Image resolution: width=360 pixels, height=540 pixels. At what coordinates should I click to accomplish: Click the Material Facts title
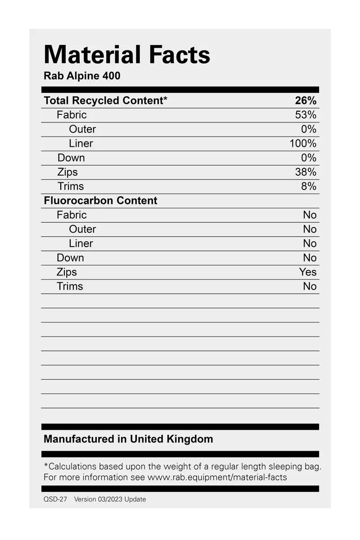click(127, 55)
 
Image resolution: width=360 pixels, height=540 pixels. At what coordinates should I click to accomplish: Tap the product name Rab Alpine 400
click(82, 76)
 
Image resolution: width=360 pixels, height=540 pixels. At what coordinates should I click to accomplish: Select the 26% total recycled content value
click(306, 100)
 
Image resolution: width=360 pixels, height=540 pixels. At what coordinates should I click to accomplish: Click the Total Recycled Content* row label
click(105, 100)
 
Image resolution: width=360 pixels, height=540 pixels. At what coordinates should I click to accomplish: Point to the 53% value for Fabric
click(306, 115)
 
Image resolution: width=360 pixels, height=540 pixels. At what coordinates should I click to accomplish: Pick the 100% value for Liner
click(303, 144)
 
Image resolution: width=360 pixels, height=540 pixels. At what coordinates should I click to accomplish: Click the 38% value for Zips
click(306, 172)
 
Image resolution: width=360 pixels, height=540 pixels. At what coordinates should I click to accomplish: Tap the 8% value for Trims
click(308, 186)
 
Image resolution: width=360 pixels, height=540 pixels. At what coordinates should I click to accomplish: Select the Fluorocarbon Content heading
click(100, 201)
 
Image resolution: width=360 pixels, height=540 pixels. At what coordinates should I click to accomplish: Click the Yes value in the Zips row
click(308, 272)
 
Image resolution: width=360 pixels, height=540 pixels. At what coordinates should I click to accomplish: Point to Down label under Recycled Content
click(71, 158)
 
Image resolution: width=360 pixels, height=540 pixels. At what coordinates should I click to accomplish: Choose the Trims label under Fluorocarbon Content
click(70, 286)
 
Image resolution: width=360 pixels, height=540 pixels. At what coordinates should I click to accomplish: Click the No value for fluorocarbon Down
click(310, 258)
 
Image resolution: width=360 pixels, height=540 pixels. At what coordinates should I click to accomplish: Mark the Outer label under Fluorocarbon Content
click(82, 229)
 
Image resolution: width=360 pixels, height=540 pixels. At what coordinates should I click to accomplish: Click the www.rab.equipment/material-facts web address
click(217, 477)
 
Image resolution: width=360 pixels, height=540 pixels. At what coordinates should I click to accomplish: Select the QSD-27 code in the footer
click(55, 499)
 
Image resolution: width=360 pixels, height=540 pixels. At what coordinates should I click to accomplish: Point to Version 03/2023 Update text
click(110, 499)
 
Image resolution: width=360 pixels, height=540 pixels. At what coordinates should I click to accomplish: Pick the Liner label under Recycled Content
click(81, 144)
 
